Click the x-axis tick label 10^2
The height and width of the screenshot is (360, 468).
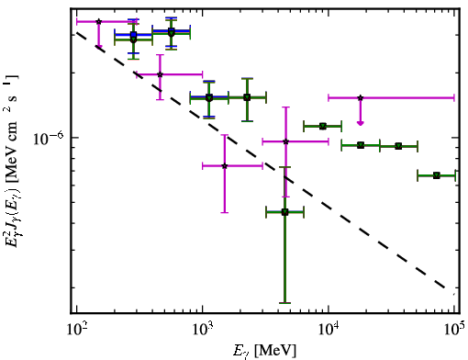[77, 331]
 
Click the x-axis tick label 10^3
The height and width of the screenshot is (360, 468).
[203, 331]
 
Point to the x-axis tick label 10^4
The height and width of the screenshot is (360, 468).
[329, 331]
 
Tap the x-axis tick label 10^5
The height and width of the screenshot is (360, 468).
[455, 331]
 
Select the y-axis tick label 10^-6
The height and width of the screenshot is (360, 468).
[48, 138]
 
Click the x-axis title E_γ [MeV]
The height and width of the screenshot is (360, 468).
[264, 351]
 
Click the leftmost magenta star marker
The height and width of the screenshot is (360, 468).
[98, 21]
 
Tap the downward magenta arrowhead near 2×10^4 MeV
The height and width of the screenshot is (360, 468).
[361, 123]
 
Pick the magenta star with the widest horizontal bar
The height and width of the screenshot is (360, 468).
[361, 98]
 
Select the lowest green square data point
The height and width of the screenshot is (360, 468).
[284, 212]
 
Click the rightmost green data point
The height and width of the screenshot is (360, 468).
[437, 175]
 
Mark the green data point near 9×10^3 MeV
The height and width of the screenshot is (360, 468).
[323, 126]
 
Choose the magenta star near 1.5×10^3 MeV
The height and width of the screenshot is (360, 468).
[225, 166]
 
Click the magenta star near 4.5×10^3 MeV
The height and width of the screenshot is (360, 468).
[285, 141]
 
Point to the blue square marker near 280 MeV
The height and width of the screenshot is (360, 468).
[133, 35]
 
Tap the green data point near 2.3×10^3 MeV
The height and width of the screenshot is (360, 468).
[247, 97]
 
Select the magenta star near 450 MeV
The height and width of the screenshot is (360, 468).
[160, 74]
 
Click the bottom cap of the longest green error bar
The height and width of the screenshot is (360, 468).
[284, 303]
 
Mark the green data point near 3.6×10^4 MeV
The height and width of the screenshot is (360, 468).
[398, 146]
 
